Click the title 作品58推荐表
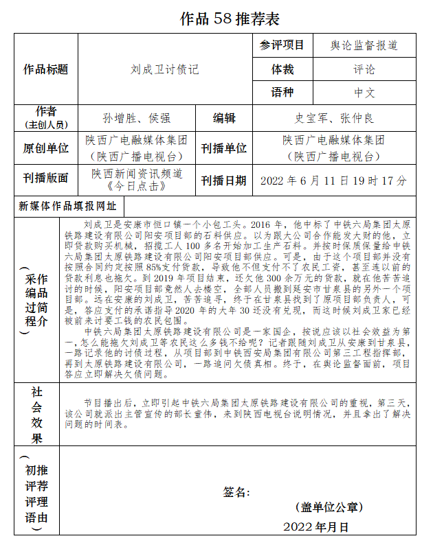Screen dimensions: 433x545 coord(230,19)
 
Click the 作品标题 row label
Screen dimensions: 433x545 coord(46,69)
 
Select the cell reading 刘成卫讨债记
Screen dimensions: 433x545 coord(165,69)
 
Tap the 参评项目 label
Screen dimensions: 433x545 coord(282,46)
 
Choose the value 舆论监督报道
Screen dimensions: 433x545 coord(365,46)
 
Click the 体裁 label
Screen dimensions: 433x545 coord(282,69)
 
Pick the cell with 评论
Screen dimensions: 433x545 coord(365,69)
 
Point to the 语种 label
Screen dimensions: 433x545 coord(282,93)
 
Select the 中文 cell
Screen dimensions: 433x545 coord(365,93)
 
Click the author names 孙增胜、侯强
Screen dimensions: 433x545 coord(136,117)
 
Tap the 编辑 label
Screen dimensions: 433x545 coord(224,117)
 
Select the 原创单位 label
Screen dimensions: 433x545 coord(46,148)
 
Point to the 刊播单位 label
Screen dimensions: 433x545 coord(224,148)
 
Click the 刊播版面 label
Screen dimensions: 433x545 coord(46,178)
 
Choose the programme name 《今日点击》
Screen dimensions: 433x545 coord(137,186)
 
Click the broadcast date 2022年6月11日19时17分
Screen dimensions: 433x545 coord(334,181)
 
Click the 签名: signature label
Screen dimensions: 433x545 coord(236,492)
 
